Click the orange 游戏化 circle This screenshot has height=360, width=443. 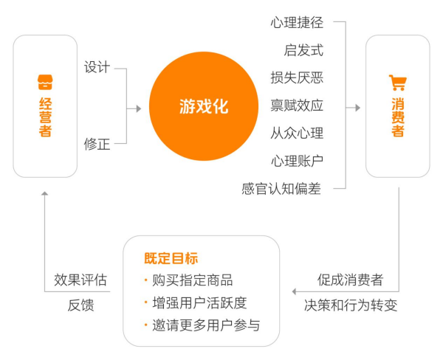(204, 106)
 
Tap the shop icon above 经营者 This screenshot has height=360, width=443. (45, 80)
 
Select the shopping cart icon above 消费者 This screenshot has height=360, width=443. (398, 83)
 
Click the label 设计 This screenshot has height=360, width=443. (97, 68)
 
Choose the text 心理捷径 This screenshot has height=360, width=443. (297, 23)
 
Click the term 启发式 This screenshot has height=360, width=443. (303, 50)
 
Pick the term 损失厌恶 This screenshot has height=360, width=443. (297, 77)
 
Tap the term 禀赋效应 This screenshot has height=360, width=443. (297, 105)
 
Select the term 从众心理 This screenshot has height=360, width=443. (297, 133)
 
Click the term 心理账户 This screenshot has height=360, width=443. (297, 160)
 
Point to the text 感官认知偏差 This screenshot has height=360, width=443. (283, 188)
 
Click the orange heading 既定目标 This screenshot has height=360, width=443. (171, 259)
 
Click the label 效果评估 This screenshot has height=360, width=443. (80, 280)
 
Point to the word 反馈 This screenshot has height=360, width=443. (80, 305)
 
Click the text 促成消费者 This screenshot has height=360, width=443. (351, 280)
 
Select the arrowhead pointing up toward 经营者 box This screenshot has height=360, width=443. (45, 193)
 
